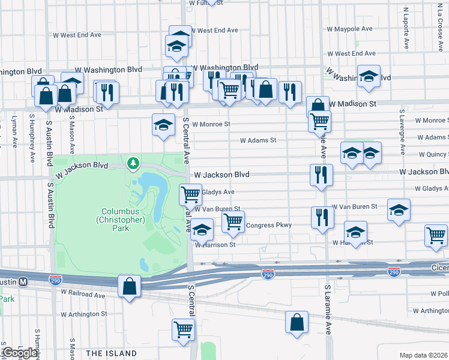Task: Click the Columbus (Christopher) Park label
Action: pyautogui.click(x=122, y=220)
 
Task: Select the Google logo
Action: pyautogui.click(x=20, y=353)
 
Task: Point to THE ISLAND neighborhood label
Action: pyautogui.click(x=110, y=353)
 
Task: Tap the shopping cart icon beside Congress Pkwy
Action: pyautogui.click(x=233, y=223)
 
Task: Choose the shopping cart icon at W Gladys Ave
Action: pyautogui.click(x=190, y=194)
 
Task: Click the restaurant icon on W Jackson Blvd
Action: pyautogui.click(x=321, y=175)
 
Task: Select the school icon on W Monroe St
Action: pyautogui.click(x=163, y=125)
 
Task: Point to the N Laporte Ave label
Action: pyautogui.click(x=406, y=28)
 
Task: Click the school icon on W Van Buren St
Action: pyautogui.click(x=399, y=211)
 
